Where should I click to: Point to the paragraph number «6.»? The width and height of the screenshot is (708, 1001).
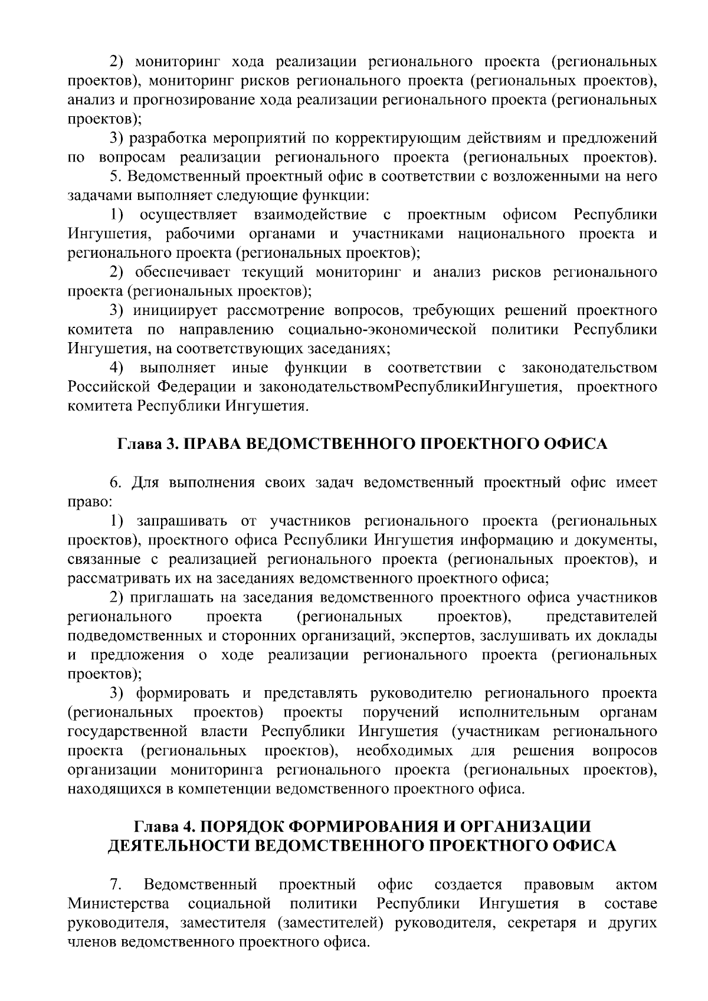coord(116,483)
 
